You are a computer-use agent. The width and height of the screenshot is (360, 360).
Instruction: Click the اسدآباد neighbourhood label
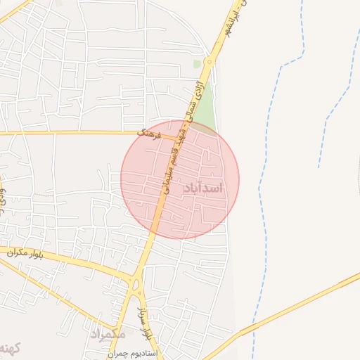pyautogui.click(x=203, y=188)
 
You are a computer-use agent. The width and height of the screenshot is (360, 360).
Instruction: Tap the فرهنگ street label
pyautogui.click(x=150, y=134)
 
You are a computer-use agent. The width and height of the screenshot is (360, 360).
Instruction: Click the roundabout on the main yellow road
pyautogui.click(x=210, y=59)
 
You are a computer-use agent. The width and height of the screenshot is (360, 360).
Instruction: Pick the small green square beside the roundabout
pyautogui.click(x=198, y=64)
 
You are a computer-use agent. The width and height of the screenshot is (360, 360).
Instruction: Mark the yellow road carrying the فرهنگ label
pyautogui.click(x=70, y=132)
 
